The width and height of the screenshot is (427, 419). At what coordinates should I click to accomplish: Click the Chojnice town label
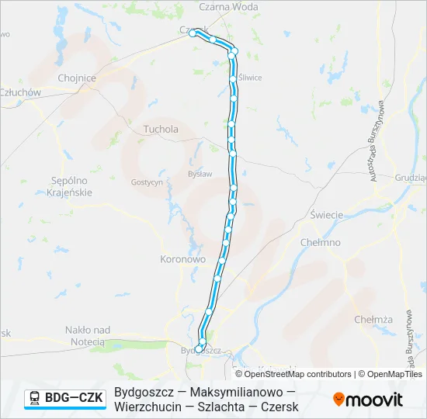[77, 78]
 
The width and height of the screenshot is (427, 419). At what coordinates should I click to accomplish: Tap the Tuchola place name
[161, 130]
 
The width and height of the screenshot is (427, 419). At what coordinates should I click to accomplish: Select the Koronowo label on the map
[182, 259]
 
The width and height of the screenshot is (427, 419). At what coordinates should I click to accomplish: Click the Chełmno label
[320, 242]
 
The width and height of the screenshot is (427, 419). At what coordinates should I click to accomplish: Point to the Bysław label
[200, 174]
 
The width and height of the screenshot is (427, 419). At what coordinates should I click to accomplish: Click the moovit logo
[368, 400]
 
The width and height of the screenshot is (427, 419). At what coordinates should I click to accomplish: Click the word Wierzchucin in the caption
[147, 407]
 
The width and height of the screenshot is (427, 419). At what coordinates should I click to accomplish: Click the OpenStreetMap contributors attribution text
[298, 374]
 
